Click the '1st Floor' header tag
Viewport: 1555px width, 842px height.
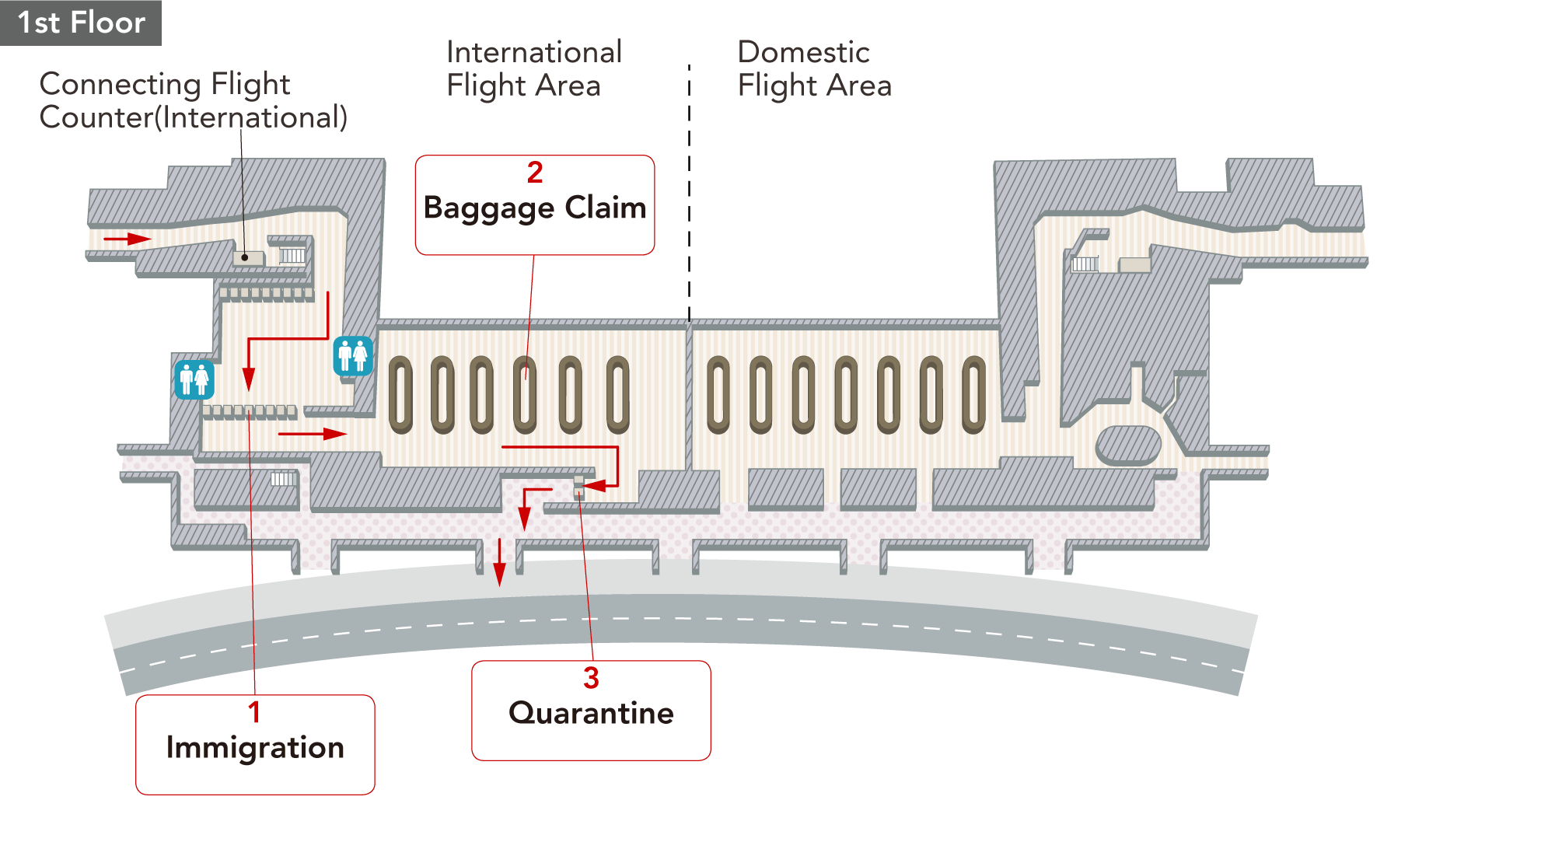(81, 23)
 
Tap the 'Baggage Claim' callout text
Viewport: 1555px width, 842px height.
(535, 208)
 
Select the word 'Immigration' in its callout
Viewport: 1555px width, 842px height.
(255, 747)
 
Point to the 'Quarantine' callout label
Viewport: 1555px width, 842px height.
(591, 713)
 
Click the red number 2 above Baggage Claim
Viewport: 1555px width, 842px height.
(535, 173)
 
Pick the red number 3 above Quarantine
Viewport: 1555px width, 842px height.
(591, 678)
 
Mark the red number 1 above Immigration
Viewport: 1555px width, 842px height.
(254, 712)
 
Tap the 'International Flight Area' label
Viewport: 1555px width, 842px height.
(533, 69)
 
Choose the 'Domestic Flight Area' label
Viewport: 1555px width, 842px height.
(814, 69)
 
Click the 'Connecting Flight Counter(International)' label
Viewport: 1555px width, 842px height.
(193, 100)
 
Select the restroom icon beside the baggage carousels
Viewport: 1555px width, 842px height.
(353, 356)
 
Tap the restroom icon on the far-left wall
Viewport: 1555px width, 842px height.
(194, 380)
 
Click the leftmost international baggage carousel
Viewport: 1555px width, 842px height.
(400, 394)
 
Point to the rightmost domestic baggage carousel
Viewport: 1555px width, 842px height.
(973, 394)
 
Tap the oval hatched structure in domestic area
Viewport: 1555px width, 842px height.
(1128, 445)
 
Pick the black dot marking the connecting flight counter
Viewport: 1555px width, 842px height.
(245, 257)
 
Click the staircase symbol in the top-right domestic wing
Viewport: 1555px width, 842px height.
(1085, 264)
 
